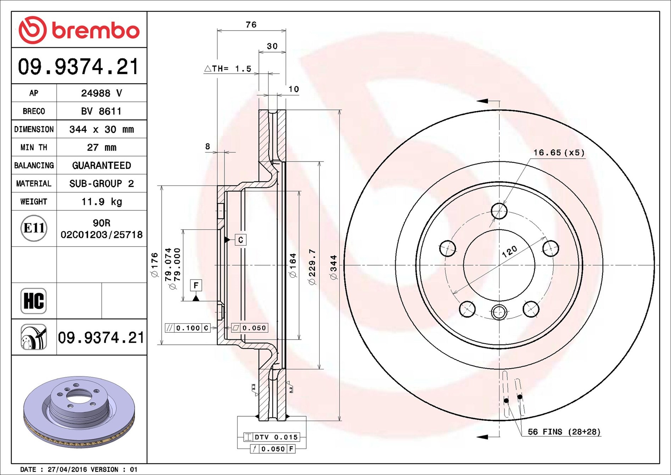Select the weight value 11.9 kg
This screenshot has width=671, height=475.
coord(102,201)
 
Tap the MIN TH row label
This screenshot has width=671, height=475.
coord(34,147)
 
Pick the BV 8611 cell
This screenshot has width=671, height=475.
coord(101,111)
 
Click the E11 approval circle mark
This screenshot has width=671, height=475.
coord(34,228)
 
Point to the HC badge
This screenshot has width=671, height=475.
coord(34,301)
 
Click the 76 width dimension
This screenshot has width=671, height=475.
coord(251,24)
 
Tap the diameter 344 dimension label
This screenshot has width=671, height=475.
coord(334,267)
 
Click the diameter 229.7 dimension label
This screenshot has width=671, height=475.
coord(312,267)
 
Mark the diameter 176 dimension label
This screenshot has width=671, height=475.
coord(155,265)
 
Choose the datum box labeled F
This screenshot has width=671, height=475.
coord(196,286)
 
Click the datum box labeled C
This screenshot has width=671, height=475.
coord(241,240)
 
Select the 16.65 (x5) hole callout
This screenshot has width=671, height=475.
coord(559,153)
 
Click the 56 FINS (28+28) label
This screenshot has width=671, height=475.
coord(564,432)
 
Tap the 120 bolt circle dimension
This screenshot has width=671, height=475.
coord(509,252)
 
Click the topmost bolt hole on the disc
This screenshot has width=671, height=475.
coord(499,211)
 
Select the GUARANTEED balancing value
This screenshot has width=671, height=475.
coord(102,165)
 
